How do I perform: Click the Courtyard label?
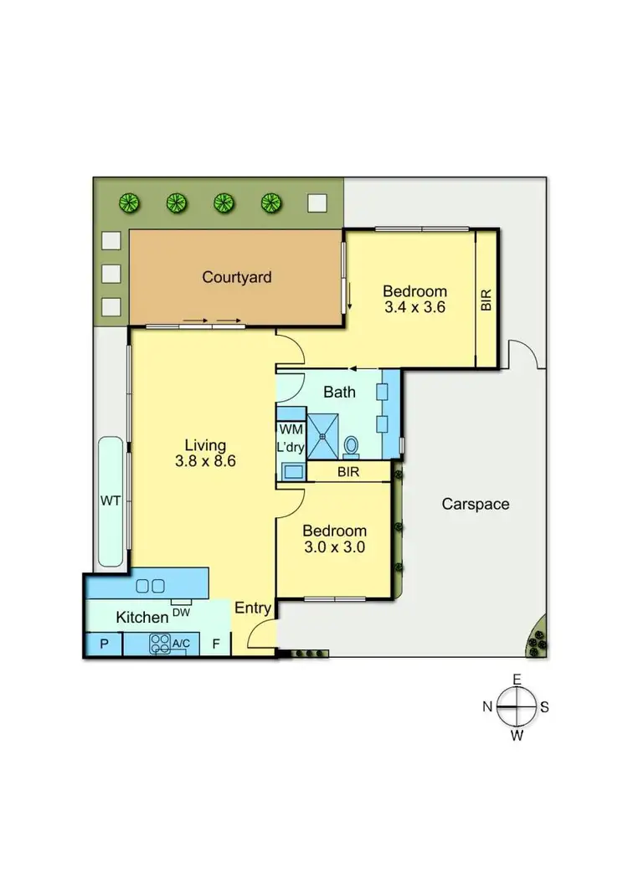[x=237, y=277]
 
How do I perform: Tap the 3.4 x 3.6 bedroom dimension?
[x=414, y=307]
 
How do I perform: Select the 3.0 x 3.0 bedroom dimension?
[x=334, y=547]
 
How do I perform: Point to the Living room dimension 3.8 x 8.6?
[x=206, y=459]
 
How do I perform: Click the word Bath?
[x=340, y=392]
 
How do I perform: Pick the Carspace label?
[x=476, y=504]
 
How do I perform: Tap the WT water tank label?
[x=110, y=501]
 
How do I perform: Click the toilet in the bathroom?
[x=352, y=446]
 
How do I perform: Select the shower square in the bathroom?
[x=323, y=436]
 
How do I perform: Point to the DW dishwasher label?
[x=181, y=613]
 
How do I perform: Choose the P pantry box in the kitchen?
[x=105, y=644]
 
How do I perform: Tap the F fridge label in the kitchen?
[x=215, y=644]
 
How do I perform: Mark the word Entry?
[x=252, y=608]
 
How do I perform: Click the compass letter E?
[x=517, y=680]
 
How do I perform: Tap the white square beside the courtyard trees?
[x=317, y=203]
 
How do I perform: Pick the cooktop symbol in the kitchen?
[x=159, y=643]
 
